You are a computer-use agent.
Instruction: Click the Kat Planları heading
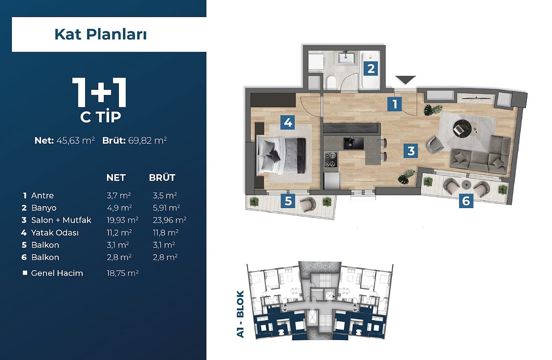[x=100, y=34]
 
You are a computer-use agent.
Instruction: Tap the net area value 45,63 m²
[x=76, y=141]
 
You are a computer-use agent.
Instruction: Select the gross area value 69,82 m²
[x=147, y=141]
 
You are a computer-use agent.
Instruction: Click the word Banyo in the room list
[x=44, y=208]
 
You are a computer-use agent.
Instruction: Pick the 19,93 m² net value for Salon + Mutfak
[x=122, y=220]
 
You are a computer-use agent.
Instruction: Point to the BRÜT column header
[x=162, y=177]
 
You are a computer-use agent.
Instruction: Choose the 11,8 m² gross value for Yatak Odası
[x=166, y=233]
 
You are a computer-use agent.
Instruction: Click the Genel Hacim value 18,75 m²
[x=122, y=273]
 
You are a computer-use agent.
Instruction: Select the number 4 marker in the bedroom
[x=288, y=123]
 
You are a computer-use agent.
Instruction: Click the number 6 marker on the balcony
[x=466, y=201]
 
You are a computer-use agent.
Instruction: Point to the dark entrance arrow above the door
[x=405, y=80]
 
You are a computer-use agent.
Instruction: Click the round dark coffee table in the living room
[x=462, y=128]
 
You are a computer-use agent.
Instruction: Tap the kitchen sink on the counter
[x=354, y=143]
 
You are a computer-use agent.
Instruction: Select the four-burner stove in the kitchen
[x=331, y=160]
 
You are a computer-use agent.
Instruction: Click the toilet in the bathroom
[x=331, y=82]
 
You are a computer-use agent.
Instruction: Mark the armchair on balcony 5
[x=308, y=204]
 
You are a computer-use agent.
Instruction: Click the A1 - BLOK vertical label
[x=240, y=314]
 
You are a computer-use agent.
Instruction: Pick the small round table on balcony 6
[x=467, y=185]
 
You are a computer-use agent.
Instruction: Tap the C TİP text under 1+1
[x=101, y=116]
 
